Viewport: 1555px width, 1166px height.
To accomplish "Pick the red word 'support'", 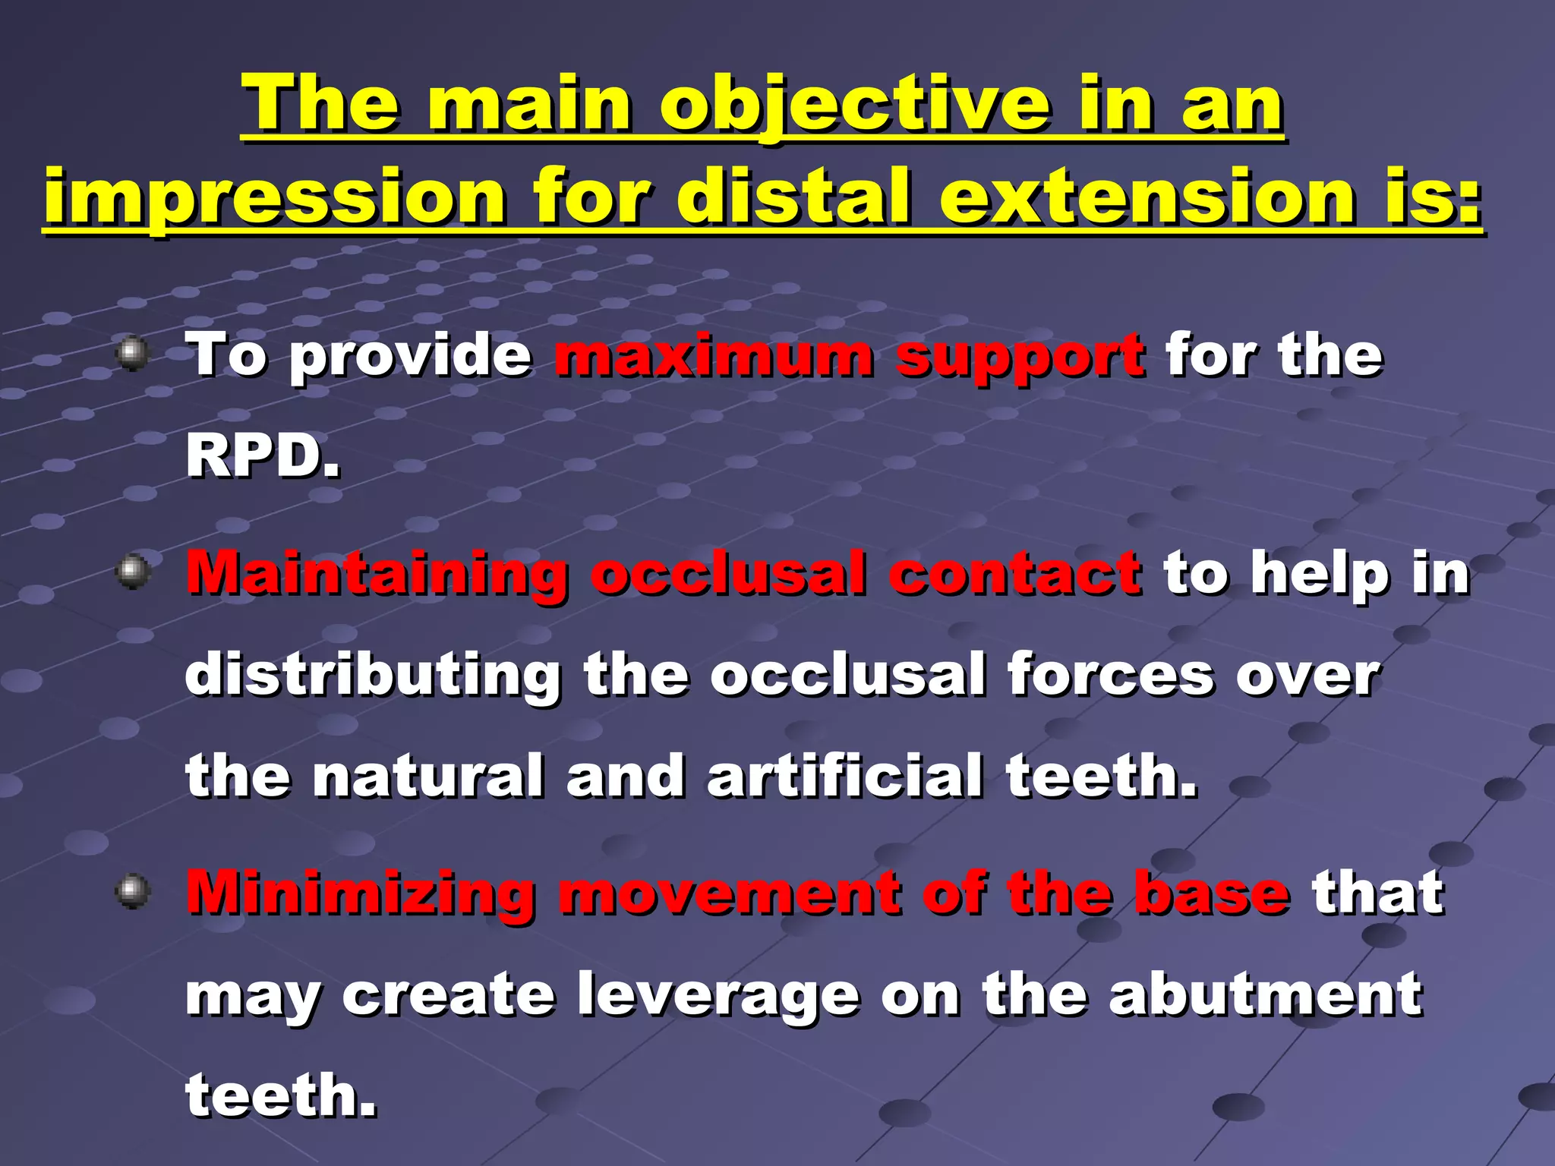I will pyautogui.click(x=1020, y=357).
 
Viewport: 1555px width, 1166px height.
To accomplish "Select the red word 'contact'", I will pyautogui.click(x=1015, y=572).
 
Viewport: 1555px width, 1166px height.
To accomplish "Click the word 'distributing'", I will pyautogui.click(x=373, y=676).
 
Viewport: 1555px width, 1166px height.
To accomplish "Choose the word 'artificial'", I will pyautogui.click(x=844, y=776).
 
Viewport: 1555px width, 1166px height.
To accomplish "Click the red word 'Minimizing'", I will pyautogui.click(x=361, y=893).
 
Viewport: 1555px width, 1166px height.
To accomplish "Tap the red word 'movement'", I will pyautogui.click(x=730, y=893).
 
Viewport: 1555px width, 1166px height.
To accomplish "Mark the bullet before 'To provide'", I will pyautogui.click(x=134, y=352).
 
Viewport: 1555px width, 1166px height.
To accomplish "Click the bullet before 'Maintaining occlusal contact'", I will pyautogui.click(x=134, y=570).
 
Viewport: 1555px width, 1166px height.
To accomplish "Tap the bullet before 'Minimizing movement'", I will pyautogui.click(x=134, y=890).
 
